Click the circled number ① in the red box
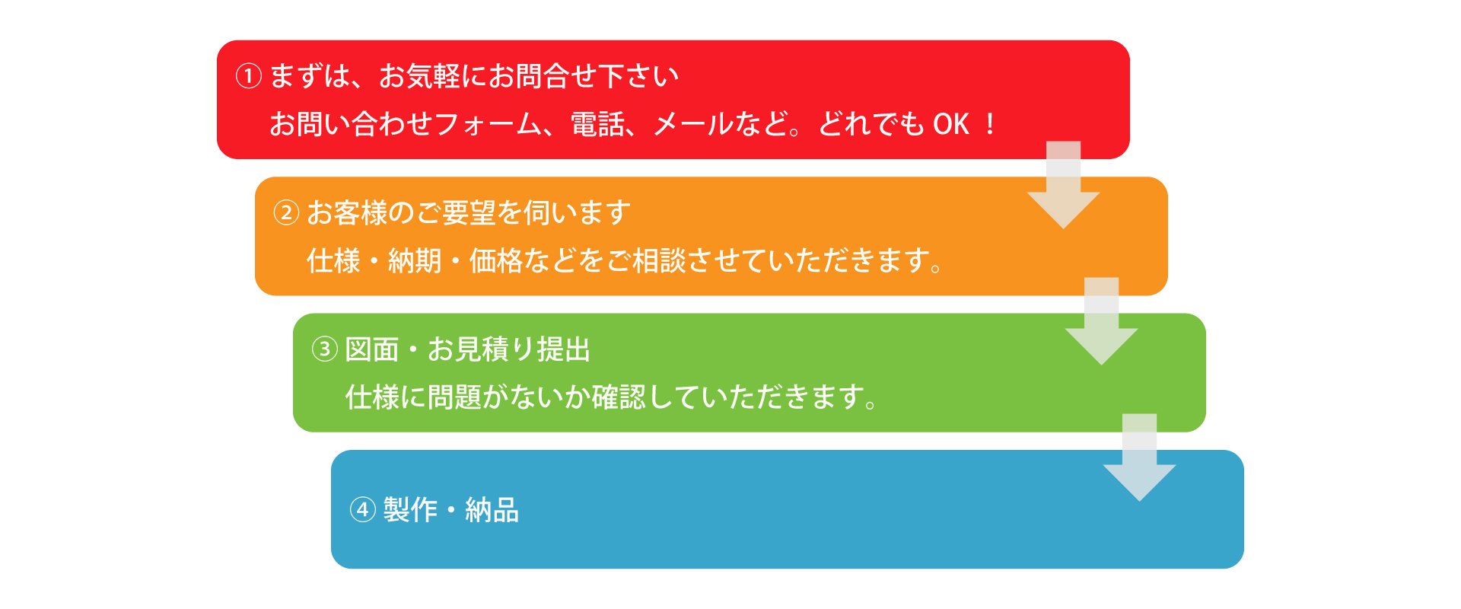coord(249,75)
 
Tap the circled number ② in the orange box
coord(286,212)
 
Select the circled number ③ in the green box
coord(325,349)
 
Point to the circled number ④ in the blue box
coord(363,509)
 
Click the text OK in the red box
coord(951,124)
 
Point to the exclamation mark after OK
coord(990,124)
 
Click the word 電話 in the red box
coord(597,124)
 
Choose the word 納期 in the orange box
coord(415,260)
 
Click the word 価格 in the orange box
coord(496,260)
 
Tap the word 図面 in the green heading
coord(372,349)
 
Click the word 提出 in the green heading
coord(564,349)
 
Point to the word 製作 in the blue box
coord(410,509)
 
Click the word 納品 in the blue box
coord(492,509)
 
